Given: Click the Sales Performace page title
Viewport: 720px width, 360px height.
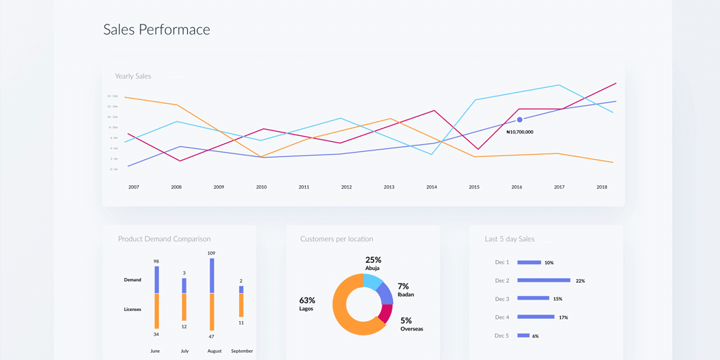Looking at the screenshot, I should point(156,30).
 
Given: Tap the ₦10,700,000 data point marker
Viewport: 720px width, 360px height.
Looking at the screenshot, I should point(519,120).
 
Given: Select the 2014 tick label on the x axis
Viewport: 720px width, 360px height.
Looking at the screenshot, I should point(431,187).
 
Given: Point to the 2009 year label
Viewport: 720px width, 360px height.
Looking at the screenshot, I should point(218,187).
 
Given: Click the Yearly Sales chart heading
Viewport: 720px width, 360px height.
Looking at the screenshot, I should point(133,76).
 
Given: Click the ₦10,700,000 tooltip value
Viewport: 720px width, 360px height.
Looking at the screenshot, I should point(520,132).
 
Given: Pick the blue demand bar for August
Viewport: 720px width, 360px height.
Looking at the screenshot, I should point(212,276).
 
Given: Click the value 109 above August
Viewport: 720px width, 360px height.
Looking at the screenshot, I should point(212,253).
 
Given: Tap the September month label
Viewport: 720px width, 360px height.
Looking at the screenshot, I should point(241,351).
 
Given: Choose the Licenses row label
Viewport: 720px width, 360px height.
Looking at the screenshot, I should point(132,310).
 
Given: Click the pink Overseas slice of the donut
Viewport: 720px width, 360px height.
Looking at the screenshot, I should point(387,313).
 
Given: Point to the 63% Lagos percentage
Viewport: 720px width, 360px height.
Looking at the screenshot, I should point(307,300).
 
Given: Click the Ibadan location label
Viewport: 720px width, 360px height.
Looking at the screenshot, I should point(405,294).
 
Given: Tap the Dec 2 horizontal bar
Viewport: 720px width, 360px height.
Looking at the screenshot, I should point(544,281).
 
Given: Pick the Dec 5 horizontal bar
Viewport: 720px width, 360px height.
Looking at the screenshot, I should point(523,336).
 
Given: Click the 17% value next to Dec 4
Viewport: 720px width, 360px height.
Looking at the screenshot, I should point(564,318).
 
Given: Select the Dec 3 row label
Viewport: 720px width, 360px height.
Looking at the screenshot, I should point(502,299).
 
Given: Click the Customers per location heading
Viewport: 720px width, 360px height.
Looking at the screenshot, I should point(336,239).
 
